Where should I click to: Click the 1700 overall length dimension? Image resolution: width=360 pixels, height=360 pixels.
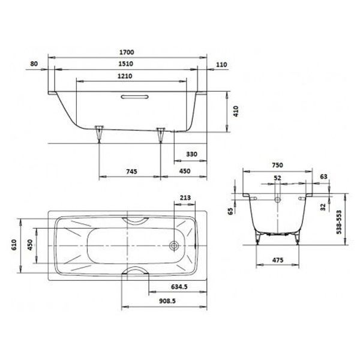(x=127, y=52)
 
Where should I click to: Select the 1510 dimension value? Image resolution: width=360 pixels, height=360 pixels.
(x=125, y=64)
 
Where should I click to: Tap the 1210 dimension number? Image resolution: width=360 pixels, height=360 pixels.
(x=125, y=76)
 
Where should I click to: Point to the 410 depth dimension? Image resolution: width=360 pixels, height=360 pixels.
(x=236, y=111)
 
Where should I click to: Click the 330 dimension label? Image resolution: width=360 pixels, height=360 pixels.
(x=191, y=154)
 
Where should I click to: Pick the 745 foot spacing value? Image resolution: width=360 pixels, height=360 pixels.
(x=131, y=171)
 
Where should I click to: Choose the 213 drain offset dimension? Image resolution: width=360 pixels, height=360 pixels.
(x=185, y=197)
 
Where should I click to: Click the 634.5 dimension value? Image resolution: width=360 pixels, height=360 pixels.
(x=179, y=287)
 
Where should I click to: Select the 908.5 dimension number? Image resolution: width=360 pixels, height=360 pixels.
(x=167, y=301)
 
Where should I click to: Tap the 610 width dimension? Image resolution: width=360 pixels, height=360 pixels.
(x=14, y=245)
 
